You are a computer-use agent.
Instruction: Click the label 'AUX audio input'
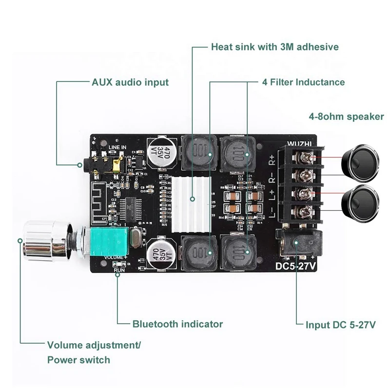pos(130,82)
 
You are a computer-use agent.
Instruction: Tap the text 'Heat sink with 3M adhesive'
pos(274,47)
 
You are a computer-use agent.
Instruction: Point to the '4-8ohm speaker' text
pos(346,117)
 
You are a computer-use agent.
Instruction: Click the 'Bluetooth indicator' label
pos(177,324)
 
